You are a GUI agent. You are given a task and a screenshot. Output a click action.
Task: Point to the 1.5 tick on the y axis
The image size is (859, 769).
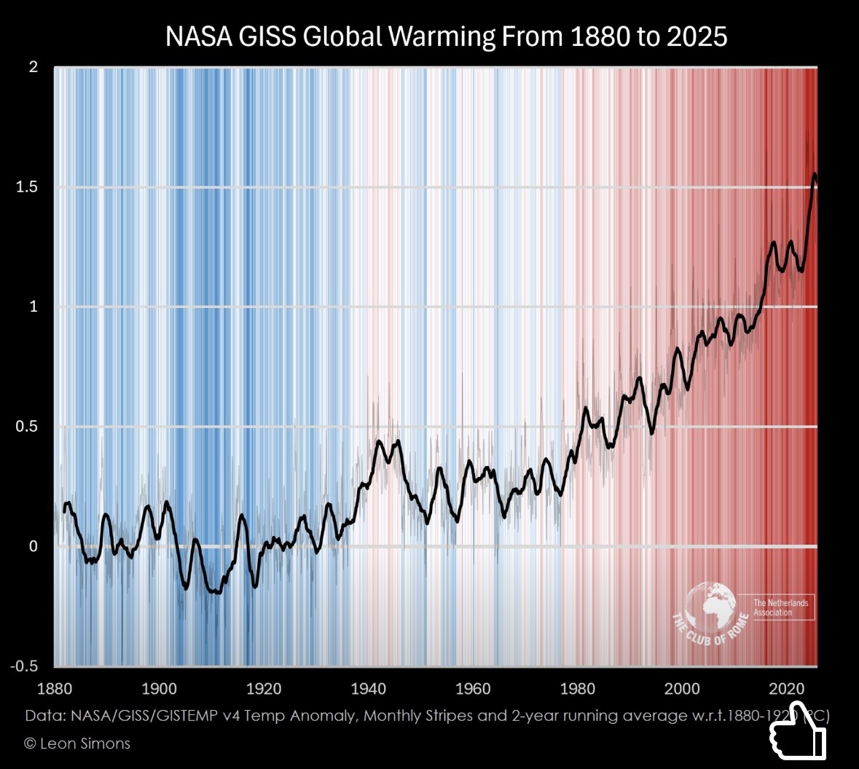coord(27,187)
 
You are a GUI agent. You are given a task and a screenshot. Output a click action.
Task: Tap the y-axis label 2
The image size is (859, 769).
coord(33,67)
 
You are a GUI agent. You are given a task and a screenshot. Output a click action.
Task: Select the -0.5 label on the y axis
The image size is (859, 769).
coord(24,666)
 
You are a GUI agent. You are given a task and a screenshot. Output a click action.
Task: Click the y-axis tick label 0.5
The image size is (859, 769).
coord(27,426)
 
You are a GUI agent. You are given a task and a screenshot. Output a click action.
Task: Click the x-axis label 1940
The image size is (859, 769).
coord(369,689)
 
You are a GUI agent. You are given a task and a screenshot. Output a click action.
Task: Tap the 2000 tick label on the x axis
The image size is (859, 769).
coord(683,689)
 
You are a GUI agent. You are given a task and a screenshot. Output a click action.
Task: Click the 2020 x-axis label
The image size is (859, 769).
coord(787,689)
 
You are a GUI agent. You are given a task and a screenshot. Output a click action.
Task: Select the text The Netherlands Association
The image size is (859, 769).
coord(780,607)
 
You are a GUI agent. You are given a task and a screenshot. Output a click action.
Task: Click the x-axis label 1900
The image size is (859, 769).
coord(159,689)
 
